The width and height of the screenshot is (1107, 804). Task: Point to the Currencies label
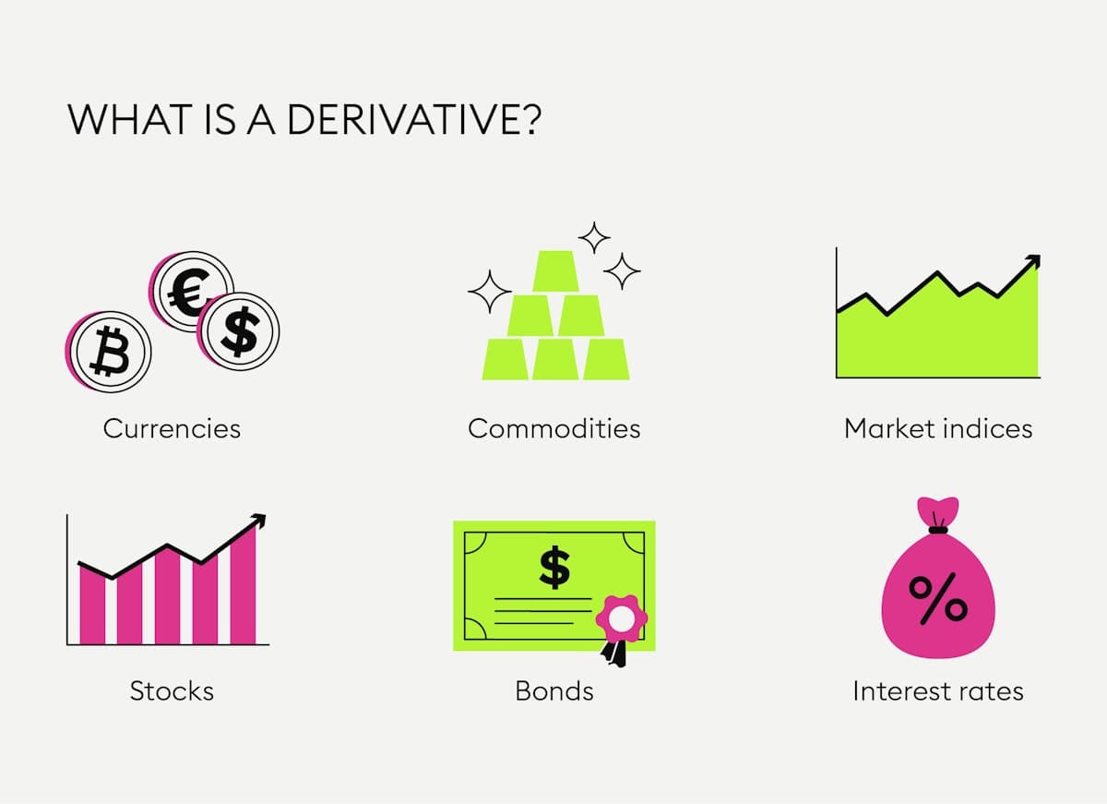(x=172, y=428)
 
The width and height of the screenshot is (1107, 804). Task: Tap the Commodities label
(x=553, y=428)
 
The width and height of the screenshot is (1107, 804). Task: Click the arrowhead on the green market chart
(x=1034, y=261)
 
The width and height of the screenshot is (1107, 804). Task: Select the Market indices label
(x=938, y=428)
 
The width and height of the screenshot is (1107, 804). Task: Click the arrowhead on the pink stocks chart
(x=260, y=521)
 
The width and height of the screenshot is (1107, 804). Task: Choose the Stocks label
(x=172, y=690)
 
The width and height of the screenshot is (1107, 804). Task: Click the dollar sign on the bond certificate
(x=554, y=567)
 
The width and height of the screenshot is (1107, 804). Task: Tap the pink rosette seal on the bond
(x=622, y=618)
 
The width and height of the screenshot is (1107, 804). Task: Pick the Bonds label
(x=553, y=690)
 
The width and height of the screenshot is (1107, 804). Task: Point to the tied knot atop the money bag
(x=938, y=529)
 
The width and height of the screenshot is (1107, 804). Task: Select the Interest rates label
(x=938, y=690)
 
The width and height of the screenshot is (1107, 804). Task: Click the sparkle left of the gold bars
(x=490, y=293)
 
